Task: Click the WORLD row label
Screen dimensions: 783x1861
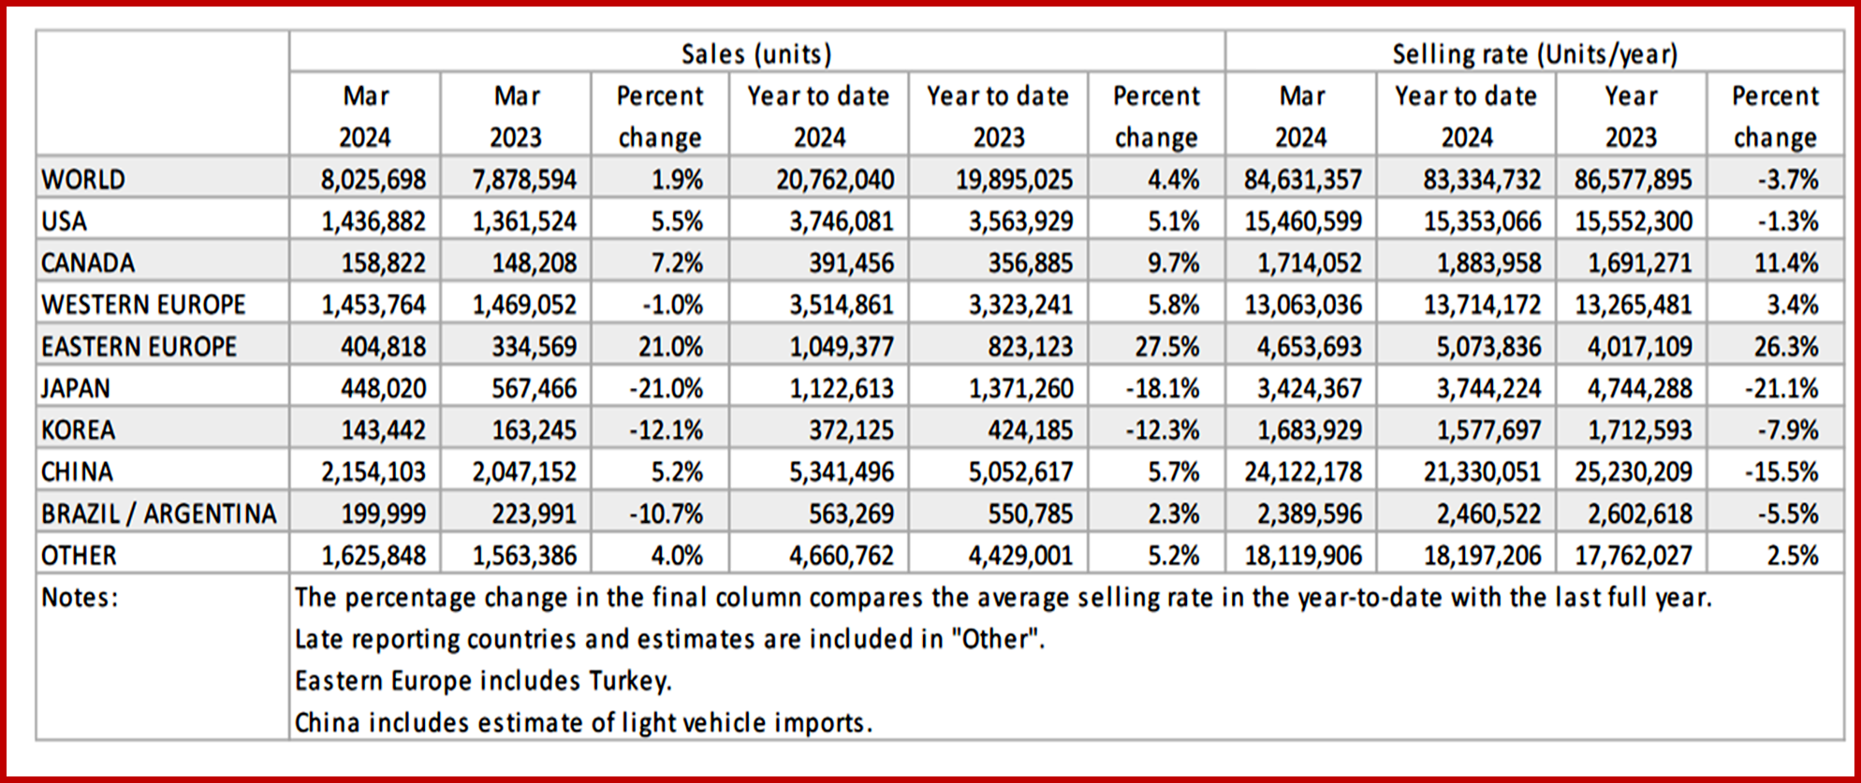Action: click(x=83, y=179)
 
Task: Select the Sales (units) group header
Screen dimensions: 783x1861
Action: click(x=756, y=54)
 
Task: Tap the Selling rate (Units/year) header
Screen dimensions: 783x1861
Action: click(x=1534, y=54)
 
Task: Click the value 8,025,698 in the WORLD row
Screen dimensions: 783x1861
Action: click(x=373, y=179)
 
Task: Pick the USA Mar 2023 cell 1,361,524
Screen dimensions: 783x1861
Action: click(x=524, y=221)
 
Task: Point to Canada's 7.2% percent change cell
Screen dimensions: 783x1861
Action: click(x=677, y=263)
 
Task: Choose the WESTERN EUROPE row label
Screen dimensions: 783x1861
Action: click(x=143, y=305)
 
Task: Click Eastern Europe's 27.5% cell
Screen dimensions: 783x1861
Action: click(x=1166, y=347)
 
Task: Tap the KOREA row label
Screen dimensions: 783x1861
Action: click(x=79, y=430)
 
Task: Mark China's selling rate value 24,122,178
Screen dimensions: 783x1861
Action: click(x=1302, y=471)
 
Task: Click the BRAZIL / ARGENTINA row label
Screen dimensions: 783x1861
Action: click(x=159, y=514)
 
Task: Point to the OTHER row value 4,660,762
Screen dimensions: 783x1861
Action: click(x=841, y=556)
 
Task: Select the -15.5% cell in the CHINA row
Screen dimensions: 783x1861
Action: click(x=1780, y=471)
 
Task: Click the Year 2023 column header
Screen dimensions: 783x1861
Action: click(x=1631, y=116)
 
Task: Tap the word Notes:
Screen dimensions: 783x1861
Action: click(x=81, y=597)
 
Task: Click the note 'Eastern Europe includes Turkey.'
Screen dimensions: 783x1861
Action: click(x=483, y=681)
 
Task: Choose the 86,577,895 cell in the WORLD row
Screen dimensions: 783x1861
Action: click(x=1633, y=179)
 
